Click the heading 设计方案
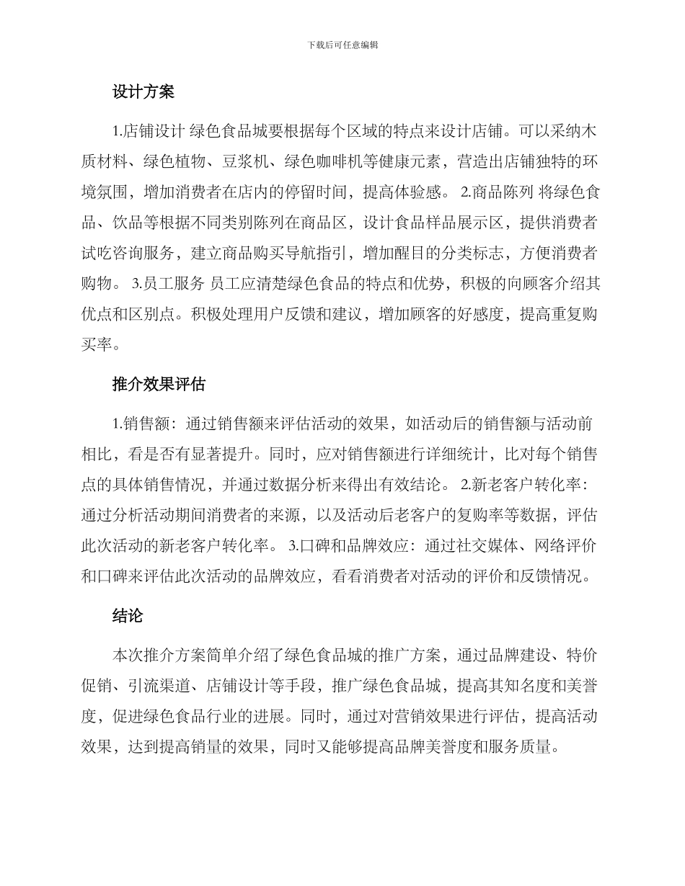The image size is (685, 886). click(143, 92)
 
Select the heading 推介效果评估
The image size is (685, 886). click(159, 384)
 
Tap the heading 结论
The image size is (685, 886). click(128, 616)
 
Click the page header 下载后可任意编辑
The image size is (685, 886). click(342, 45)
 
